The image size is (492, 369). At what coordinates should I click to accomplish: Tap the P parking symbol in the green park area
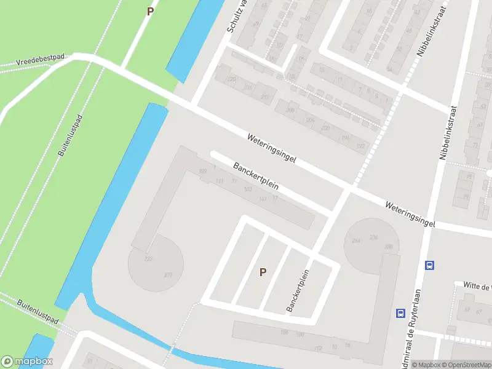[150, 11]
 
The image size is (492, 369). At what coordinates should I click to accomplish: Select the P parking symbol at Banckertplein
[263, 272]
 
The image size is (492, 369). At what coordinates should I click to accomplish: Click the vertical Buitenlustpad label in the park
[71, 135]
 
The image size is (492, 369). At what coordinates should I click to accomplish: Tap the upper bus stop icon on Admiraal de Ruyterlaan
[429, 266]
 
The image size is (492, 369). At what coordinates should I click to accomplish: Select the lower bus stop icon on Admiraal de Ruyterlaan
[400, 312]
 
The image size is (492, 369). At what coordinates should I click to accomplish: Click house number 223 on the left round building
[148, 260]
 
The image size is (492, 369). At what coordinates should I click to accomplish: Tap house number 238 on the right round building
[373, 237]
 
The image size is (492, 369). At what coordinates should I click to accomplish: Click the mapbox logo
[27, 362]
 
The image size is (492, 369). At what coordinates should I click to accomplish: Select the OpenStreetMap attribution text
[465, 365]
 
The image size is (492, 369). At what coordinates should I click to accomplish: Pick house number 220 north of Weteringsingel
[232, 79]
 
